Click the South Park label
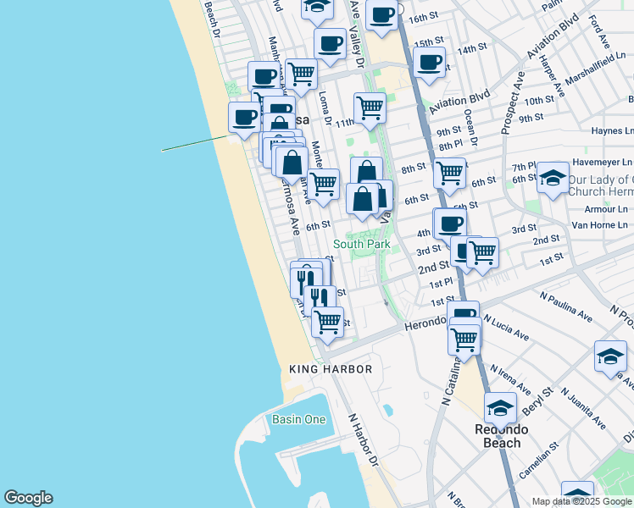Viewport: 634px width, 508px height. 361,244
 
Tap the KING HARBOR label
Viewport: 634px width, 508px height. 331,369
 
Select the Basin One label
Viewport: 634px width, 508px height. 298,419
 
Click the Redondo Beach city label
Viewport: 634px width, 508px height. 502,435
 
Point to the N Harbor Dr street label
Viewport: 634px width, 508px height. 363,438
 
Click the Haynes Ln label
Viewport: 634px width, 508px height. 613,131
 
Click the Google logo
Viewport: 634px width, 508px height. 28,498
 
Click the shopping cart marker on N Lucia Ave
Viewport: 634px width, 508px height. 464,338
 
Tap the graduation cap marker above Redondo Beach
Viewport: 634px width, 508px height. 500,407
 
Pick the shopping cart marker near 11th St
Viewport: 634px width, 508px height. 370,107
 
